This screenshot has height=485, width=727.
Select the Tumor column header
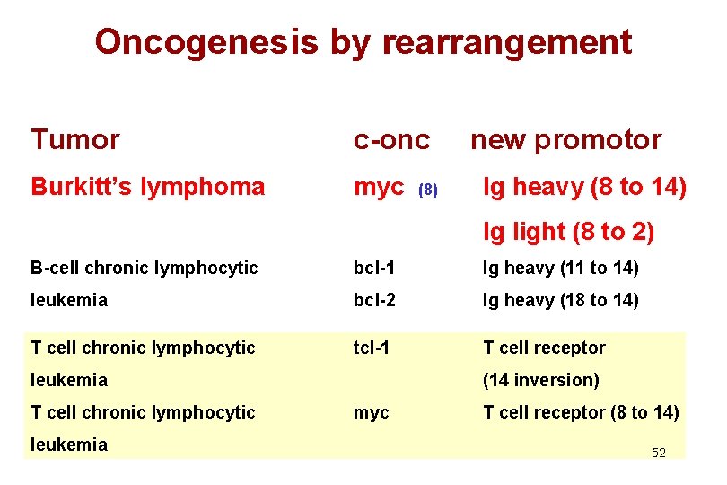(x=74, y=140)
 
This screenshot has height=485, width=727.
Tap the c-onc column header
(x=391, y=140)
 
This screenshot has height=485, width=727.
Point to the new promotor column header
(x=565, y=140)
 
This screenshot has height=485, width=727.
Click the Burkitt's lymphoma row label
(x=148, y=187)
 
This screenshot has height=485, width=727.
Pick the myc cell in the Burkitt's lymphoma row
(x=379, y=188)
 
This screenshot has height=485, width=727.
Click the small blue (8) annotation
(x=429, y=190)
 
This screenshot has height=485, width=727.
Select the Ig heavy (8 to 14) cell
(x=584, y=187)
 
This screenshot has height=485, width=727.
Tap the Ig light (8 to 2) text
(x=568, y=232)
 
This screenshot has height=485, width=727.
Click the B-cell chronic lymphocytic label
(x=144, y=268)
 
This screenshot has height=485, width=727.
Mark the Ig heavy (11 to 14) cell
(x=561, y=268)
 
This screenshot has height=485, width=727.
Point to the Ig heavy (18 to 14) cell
(x=561, y=300)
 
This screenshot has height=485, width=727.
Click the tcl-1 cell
(x=371, y=348)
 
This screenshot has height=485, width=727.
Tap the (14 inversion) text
(x=540, y=380)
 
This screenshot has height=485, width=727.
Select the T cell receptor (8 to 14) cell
(x=581, y=412)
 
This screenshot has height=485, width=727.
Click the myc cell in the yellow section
(x=372, y=413)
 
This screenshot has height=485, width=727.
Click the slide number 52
(x=658, y=453)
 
